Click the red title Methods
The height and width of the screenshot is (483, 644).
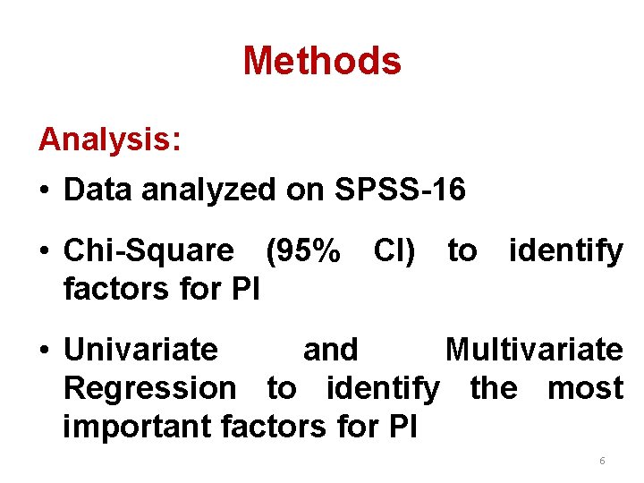point(322,61)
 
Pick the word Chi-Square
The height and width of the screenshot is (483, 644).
point(148,251)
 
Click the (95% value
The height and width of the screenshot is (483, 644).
point(303,251)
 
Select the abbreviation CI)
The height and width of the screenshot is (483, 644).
point(394,251)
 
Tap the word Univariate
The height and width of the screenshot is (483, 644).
point(140,349)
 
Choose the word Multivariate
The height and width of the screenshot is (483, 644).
point(534,349)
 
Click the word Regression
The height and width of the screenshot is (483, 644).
point(150,388)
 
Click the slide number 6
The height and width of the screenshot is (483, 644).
point(602,461)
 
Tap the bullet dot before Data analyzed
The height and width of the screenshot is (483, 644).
point(44,191)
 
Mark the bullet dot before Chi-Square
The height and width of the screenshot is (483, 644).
point(44,252)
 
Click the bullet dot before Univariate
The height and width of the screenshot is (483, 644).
point(44,350)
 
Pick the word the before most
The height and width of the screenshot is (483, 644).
point(493,388)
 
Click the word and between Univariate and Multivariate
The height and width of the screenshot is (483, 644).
point(331,349)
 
